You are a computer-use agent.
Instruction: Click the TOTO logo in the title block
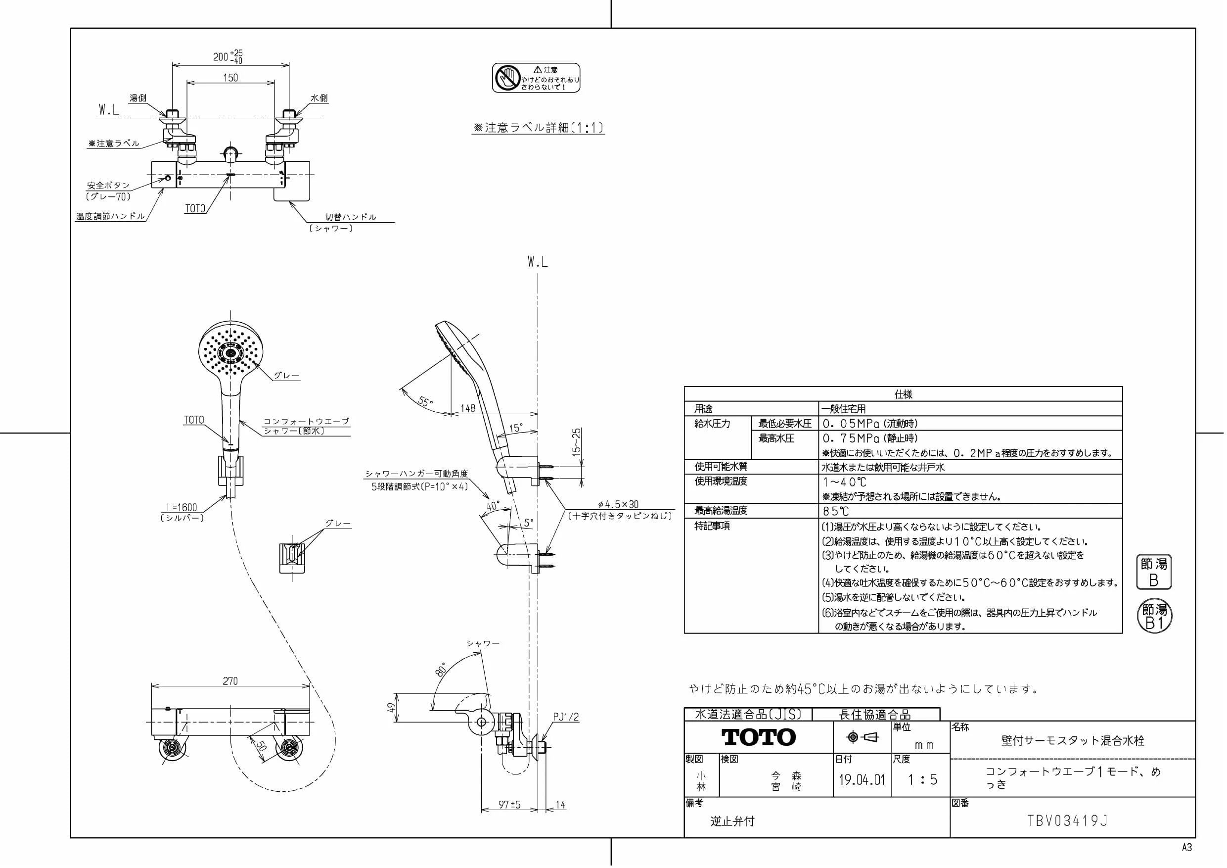(x=759, y=737)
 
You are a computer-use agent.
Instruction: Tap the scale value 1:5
(x=923, y=779)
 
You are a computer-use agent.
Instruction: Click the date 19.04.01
(x=862, y=779)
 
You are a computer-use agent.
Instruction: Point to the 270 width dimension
(x=230, y=681)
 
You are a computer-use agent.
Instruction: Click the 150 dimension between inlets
(x=230, y=78)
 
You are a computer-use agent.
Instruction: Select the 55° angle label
(x=425, y=401)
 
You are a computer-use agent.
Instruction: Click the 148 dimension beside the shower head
(x=468, y=408)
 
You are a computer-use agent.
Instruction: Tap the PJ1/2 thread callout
(x=566, y=717)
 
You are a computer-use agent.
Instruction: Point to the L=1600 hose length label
(x=182, y=507)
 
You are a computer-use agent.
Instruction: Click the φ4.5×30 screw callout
(x=618, y=504)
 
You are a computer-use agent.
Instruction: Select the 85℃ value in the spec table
(x=836, y=511)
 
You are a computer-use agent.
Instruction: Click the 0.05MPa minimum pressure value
(x=851, y=424)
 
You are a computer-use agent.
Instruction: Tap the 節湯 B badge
(x=1153, y=572)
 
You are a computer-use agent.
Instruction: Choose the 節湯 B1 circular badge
(x=1154, y=617)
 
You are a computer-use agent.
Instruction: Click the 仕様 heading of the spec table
(x=903, y=394)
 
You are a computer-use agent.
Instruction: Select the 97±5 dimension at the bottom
(x=509, y=804)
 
